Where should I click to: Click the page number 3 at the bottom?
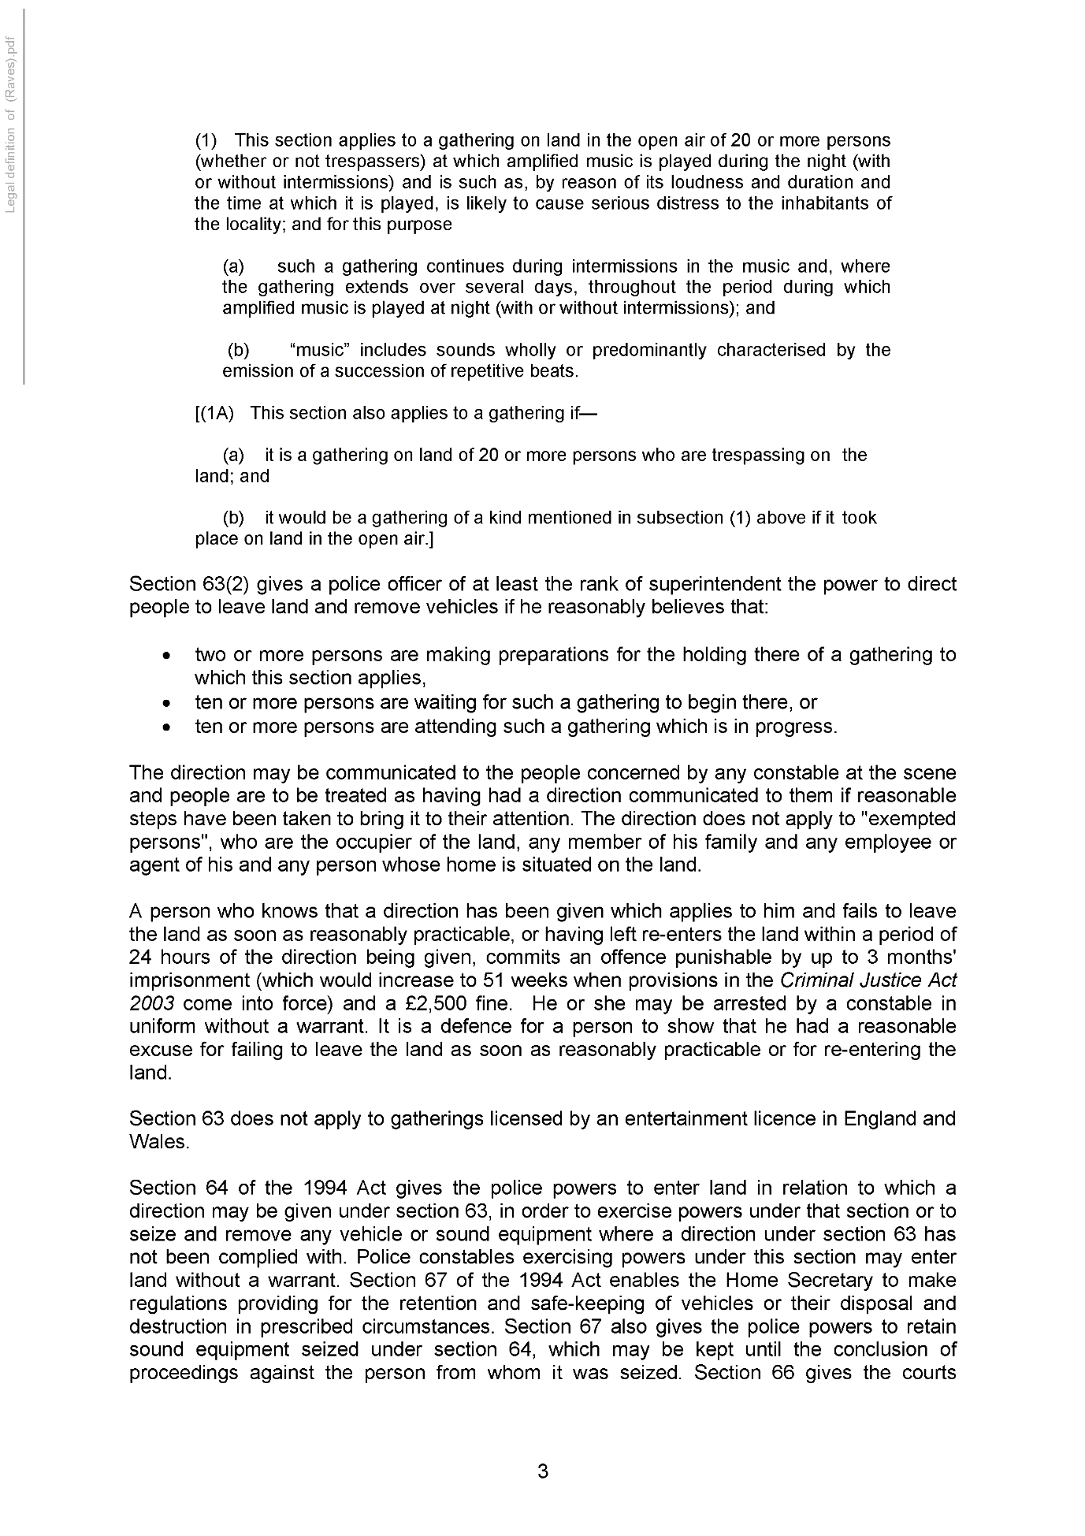pos(542,1471)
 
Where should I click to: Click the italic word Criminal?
pos(815,980)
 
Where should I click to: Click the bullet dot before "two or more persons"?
pos(165,656)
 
